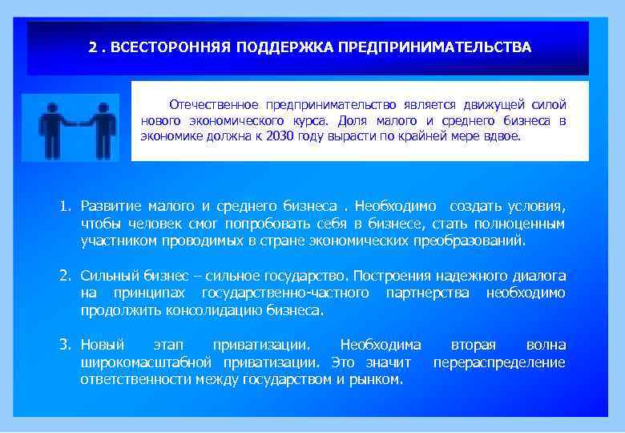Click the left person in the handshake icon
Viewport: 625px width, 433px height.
click(50, 128)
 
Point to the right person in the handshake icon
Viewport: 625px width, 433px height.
click(102, 128)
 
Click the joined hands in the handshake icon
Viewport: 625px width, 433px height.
click(76, 122)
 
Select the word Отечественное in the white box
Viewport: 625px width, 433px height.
click(210, 105)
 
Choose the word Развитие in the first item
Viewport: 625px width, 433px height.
click(109, 207)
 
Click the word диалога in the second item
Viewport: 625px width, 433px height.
click(538, 276)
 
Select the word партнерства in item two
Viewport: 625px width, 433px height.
click(431, 293)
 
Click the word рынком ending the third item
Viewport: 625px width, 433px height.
click(377, 379)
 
